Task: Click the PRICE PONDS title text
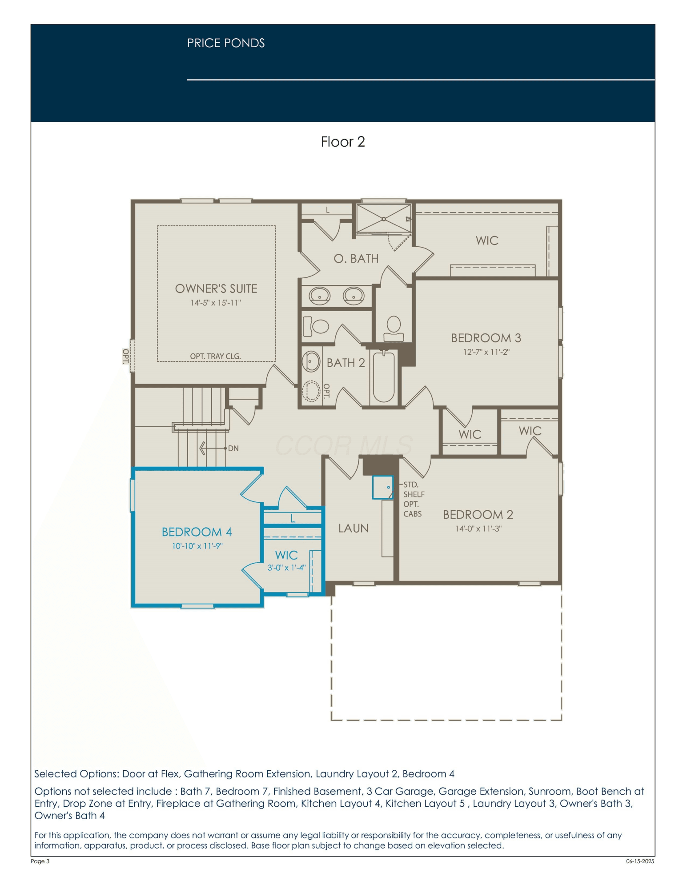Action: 226,43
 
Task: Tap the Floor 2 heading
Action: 343,142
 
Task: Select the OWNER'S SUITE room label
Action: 216,289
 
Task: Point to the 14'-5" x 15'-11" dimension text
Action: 216,303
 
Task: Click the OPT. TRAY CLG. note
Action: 215,356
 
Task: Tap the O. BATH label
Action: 356,259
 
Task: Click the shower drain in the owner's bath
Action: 384,219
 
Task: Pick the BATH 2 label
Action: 346,363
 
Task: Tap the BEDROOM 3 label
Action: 486,338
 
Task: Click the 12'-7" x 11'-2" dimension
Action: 486,352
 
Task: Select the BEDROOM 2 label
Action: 478,515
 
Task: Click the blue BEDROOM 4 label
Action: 197,532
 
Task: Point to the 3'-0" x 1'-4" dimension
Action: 286,568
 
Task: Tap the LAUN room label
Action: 354,529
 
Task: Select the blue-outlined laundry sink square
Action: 383,487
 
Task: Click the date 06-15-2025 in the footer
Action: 640,861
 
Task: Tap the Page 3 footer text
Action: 40,861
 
